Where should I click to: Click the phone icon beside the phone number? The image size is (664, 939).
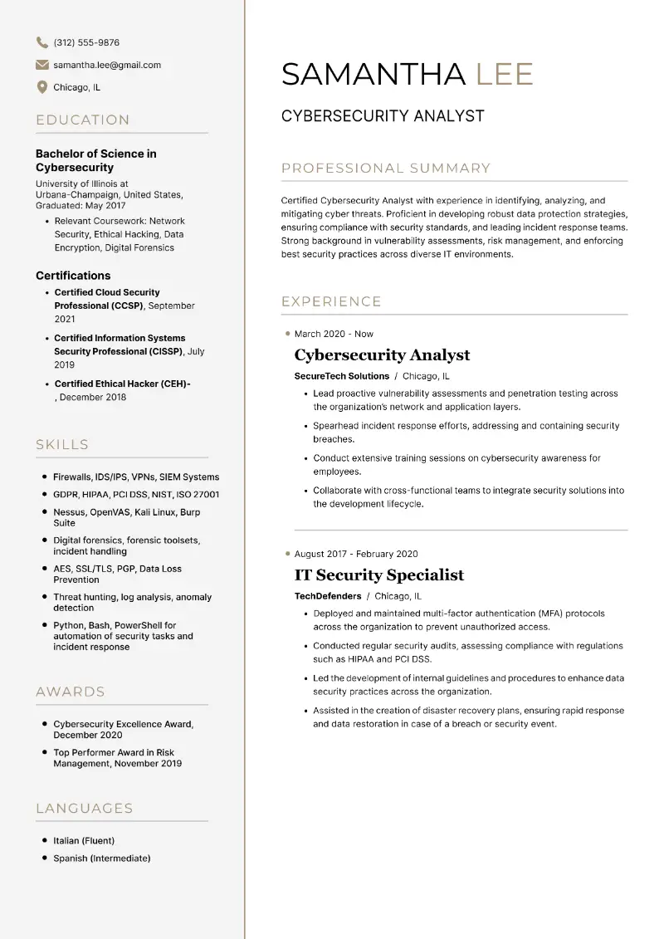(x=42, y=42)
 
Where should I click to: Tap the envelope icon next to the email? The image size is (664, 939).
(x=42, y=65)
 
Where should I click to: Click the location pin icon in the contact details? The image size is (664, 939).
(x=42, y=87)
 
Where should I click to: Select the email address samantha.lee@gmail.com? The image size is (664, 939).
(x=107, y=65)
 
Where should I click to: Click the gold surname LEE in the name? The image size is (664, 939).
(x=504, y=74)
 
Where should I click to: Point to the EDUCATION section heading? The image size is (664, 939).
(x=83, y=120)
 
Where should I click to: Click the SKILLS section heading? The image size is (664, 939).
(x=62, y=445)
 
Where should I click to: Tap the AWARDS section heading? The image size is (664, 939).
(x=71, y=692)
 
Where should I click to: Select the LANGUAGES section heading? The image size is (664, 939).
(x=85, y=808)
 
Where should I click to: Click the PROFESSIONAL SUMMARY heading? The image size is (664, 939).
(x=386, y=169)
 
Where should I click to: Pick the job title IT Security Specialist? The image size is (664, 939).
(x=379, y=575)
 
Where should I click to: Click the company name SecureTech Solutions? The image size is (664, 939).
(x=342, y=376)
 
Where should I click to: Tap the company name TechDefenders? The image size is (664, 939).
(x=328, y=596)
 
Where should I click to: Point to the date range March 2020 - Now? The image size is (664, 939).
(x=334, y=334)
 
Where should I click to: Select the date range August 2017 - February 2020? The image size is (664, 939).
(x=356, y=554)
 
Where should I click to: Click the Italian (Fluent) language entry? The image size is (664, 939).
(x=84, y=840)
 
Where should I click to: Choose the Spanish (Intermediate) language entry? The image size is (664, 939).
(x=102, y=858)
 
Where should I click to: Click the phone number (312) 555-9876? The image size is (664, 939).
(x=86, y=42)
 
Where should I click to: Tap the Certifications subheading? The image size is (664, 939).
(x=73, y=276)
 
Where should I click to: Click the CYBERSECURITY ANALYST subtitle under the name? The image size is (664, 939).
(x=383, y=116)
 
